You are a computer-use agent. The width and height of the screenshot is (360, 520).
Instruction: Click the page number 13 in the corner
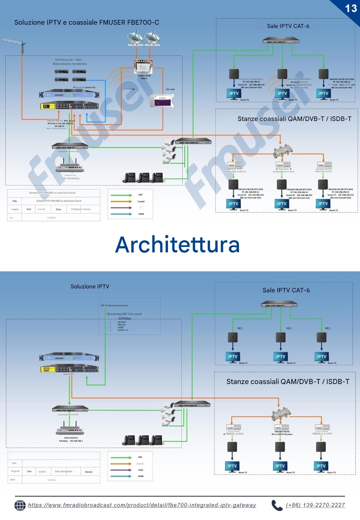click(x=351, y=8)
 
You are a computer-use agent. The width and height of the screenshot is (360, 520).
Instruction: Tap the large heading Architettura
click(x=177, y=245)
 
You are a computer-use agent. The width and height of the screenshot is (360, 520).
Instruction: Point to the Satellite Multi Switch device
click(x=143, y=67)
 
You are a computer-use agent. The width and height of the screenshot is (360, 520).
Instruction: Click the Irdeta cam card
click(x=162, y=101)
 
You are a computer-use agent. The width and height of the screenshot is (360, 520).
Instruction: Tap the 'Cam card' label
click(x=170, y=89)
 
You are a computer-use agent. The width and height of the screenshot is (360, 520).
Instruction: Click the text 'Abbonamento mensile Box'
click(x=70, y=64)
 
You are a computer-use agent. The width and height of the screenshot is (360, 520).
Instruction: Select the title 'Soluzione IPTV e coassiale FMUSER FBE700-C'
click(x=87, y=22)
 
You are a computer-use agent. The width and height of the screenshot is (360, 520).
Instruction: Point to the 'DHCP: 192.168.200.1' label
click(x=70, y=179)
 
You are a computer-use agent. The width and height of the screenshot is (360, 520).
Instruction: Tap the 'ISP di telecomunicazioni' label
click(x=114, y=305)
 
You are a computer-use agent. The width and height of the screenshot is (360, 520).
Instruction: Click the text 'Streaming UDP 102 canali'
click(x=124, y=314)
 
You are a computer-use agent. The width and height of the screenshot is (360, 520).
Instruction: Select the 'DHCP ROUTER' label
click(x=71, y=438)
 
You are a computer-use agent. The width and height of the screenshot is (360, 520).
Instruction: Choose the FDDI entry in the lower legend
click(x=140, y=470)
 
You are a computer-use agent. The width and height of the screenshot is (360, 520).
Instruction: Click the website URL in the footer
click(x=142, y=505)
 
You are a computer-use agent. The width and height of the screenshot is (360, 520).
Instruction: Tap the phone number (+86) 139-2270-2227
click(x=315, y=505)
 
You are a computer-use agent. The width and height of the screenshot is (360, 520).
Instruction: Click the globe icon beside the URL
click(x=20, y=505)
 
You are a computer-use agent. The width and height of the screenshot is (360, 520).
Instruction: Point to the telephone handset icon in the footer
click(x=277, y=505)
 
